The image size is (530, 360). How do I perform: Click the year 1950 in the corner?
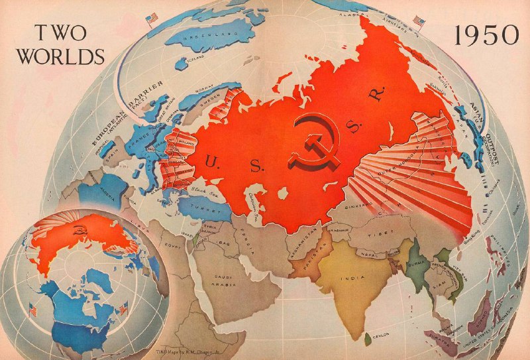point(486,35)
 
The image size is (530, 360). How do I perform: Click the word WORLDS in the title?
point(60,56)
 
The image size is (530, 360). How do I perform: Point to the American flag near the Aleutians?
point(419,21)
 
